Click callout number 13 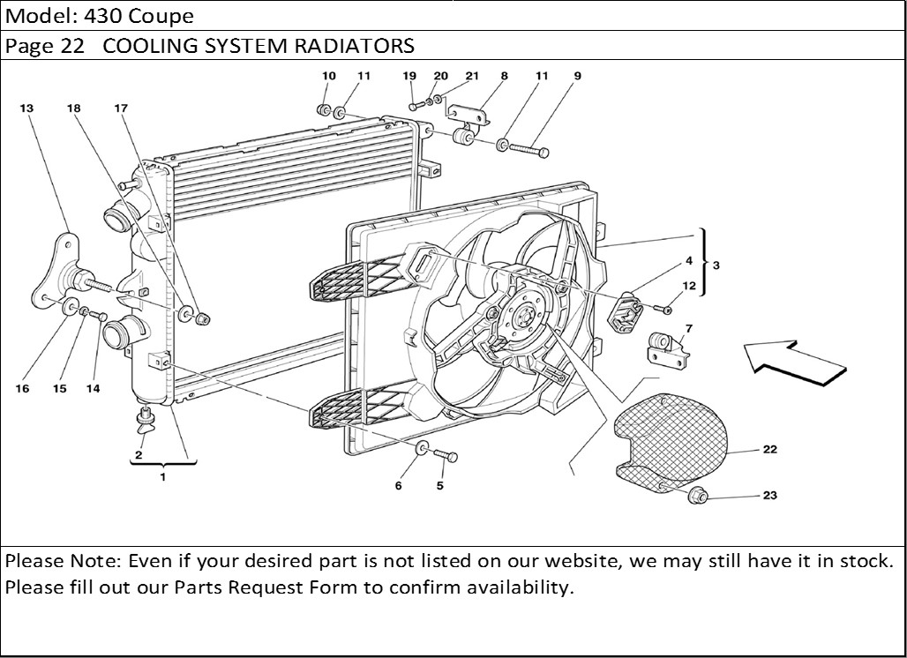coord(26,108)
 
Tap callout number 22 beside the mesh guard coord(769,450)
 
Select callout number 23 coord(769,496)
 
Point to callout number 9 coord(577,76)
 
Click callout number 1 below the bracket coord(162,476)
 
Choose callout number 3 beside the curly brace coord(716,265)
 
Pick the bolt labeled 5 coord(446,457)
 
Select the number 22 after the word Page coord(73,46)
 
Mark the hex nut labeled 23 coord(699,497)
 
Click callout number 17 coord(121,108)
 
